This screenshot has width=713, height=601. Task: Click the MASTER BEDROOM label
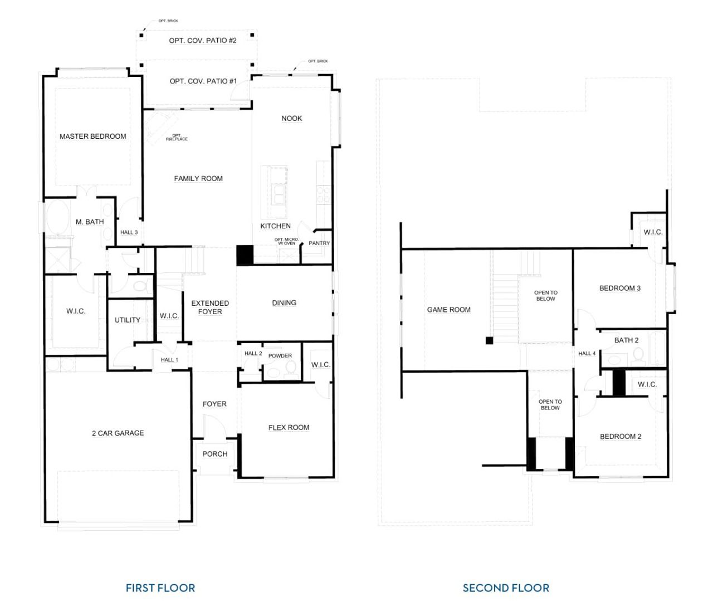92,136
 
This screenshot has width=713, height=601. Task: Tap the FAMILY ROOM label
198,179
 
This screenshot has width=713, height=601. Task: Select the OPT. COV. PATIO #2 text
203,41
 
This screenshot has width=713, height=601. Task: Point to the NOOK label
291,119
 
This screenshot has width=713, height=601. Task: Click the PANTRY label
319,243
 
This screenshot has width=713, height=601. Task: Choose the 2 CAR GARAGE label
118,433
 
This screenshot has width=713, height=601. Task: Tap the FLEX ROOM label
289,428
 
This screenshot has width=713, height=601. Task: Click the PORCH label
214,455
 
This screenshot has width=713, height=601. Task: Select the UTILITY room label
127,320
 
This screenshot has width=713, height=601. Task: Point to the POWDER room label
280,356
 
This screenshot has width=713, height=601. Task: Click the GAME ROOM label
448,310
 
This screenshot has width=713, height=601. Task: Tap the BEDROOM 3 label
619,289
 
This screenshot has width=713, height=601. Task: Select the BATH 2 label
626,340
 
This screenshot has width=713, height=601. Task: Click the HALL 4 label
587,354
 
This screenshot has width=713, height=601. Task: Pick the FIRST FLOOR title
160,588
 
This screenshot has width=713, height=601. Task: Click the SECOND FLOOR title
505,588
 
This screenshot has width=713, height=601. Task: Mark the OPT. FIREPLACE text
177,137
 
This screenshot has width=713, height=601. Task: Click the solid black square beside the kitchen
245,255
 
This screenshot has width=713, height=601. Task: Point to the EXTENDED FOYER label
209,307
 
